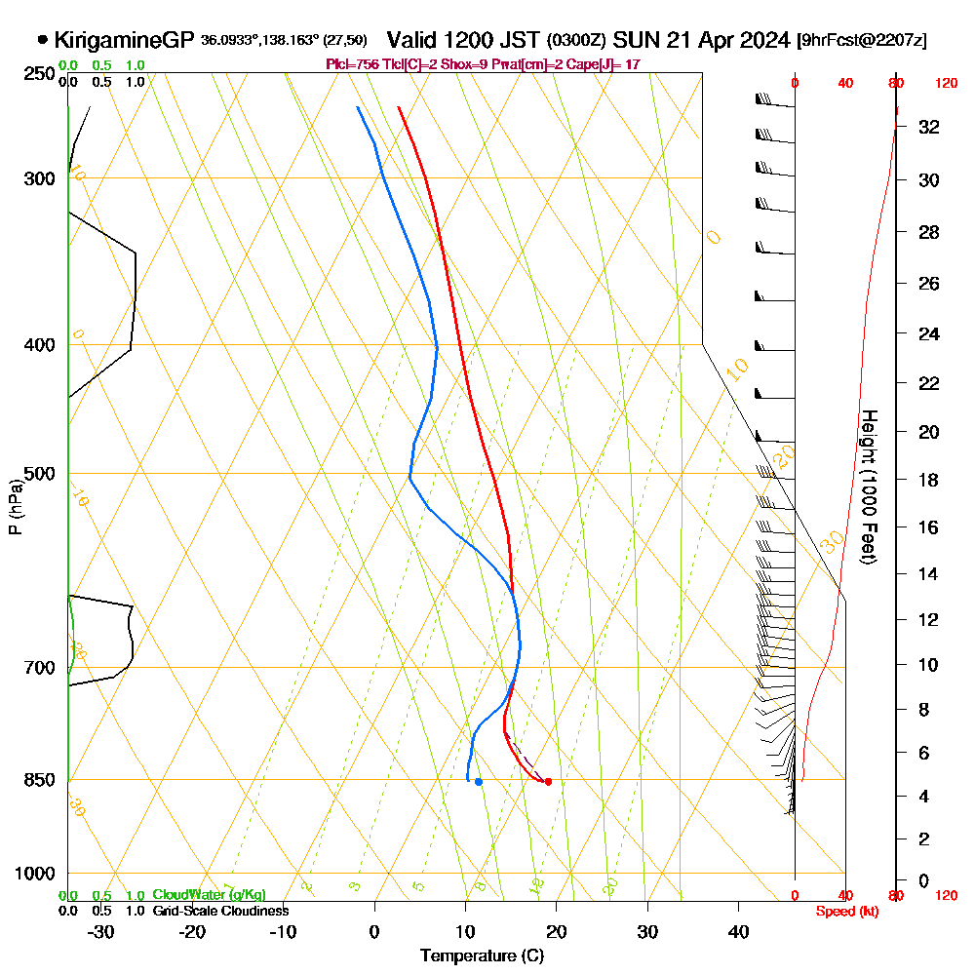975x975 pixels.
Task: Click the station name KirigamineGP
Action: [x=125, y=40]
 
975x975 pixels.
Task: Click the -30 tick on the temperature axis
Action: [x=101, y=931]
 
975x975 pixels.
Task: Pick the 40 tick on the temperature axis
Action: [x=739, y=931]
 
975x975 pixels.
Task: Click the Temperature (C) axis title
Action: [x=482, y=956]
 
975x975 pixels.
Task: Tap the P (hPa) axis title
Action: [x=15, y=507]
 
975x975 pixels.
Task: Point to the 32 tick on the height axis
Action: [x=929, y=127]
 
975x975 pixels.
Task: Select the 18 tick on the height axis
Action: [x=929, y=480]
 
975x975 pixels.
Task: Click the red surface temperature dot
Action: [x=548, y=781]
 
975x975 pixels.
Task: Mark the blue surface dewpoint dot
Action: [x=478, y=782]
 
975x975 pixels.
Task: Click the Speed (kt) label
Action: [x=844, y=911]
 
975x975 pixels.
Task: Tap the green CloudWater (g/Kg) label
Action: [x=209, y=895]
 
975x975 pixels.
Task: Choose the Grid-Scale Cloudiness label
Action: [x=220, y=911]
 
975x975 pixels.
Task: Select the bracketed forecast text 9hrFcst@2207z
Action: [x=862, y=40]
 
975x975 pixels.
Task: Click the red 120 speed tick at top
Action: [x=945, y=83]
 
